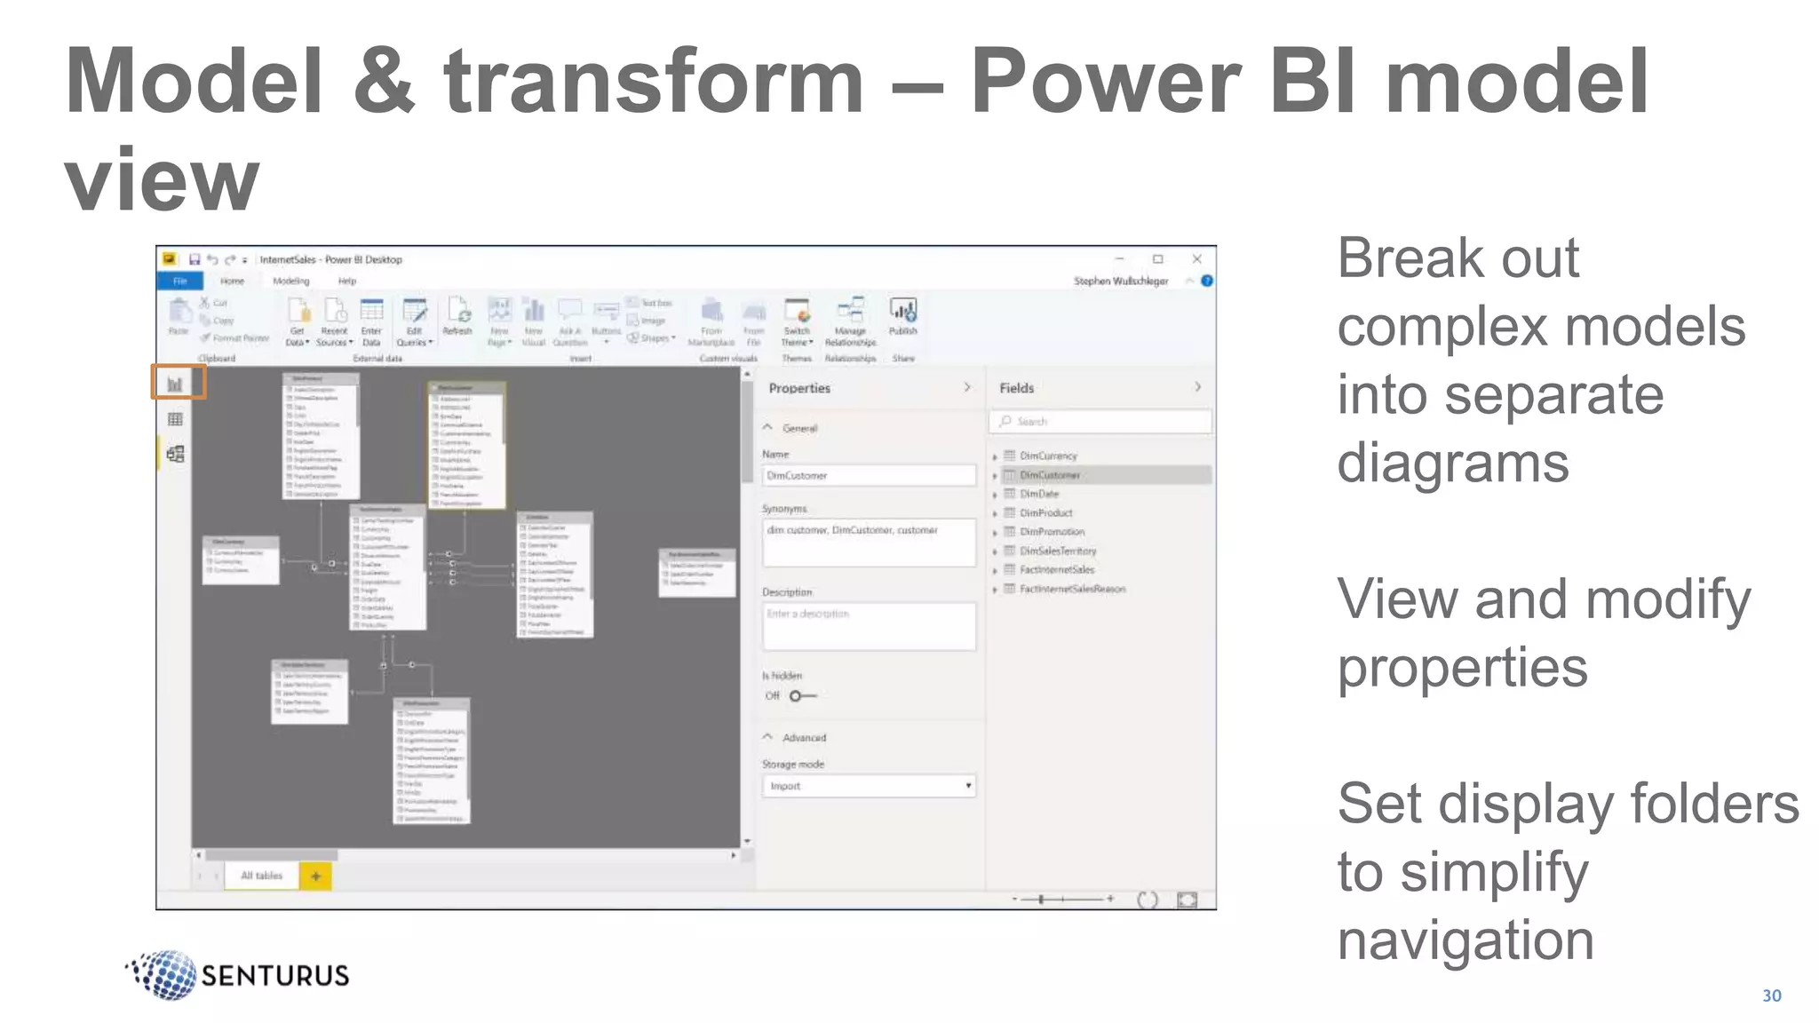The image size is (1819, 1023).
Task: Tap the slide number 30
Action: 1771,995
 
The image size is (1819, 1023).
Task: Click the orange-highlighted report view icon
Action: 176,384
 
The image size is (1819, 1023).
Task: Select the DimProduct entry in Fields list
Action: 1045,512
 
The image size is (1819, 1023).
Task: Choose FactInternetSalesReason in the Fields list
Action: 1071,589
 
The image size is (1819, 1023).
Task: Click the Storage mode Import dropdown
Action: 868,786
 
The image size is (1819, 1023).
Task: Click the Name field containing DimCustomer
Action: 868,476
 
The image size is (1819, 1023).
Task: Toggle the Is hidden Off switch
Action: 802,696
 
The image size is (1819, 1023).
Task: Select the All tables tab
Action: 261,876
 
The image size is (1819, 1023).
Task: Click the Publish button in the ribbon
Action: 903,317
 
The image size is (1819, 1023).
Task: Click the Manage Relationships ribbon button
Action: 850,322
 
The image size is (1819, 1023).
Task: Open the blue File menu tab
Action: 180,282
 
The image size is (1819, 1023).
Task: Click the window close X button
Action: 1196,259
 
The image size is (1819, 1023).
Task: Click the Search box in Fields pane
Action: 1101,422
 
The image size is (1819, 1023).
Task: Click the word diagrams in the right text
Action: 1452,463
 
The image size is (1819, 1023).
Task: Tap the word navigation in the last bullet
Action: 1466,940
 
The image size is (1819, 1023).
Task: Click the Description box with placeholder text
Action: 868,626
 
